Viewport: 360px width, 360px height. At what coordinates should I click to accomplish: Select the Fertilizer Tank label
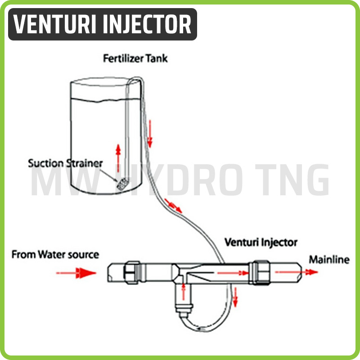(x=135, y=58)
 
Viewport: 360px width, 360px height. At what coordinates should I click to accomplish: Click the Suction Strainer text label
(x=65, y=162)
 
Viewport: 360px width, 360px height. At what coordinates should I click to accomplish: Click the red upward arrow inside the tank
(x=118, y=155)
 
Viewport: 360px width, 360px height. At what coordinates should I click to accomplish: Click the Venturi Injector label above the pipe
(x=261, y=242)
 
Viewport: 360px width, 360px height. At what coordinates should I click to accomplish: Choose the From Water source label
(x=55, y=255)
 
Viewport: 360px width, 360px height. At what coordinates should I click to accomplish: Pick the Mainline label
(x=328, y=260)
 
